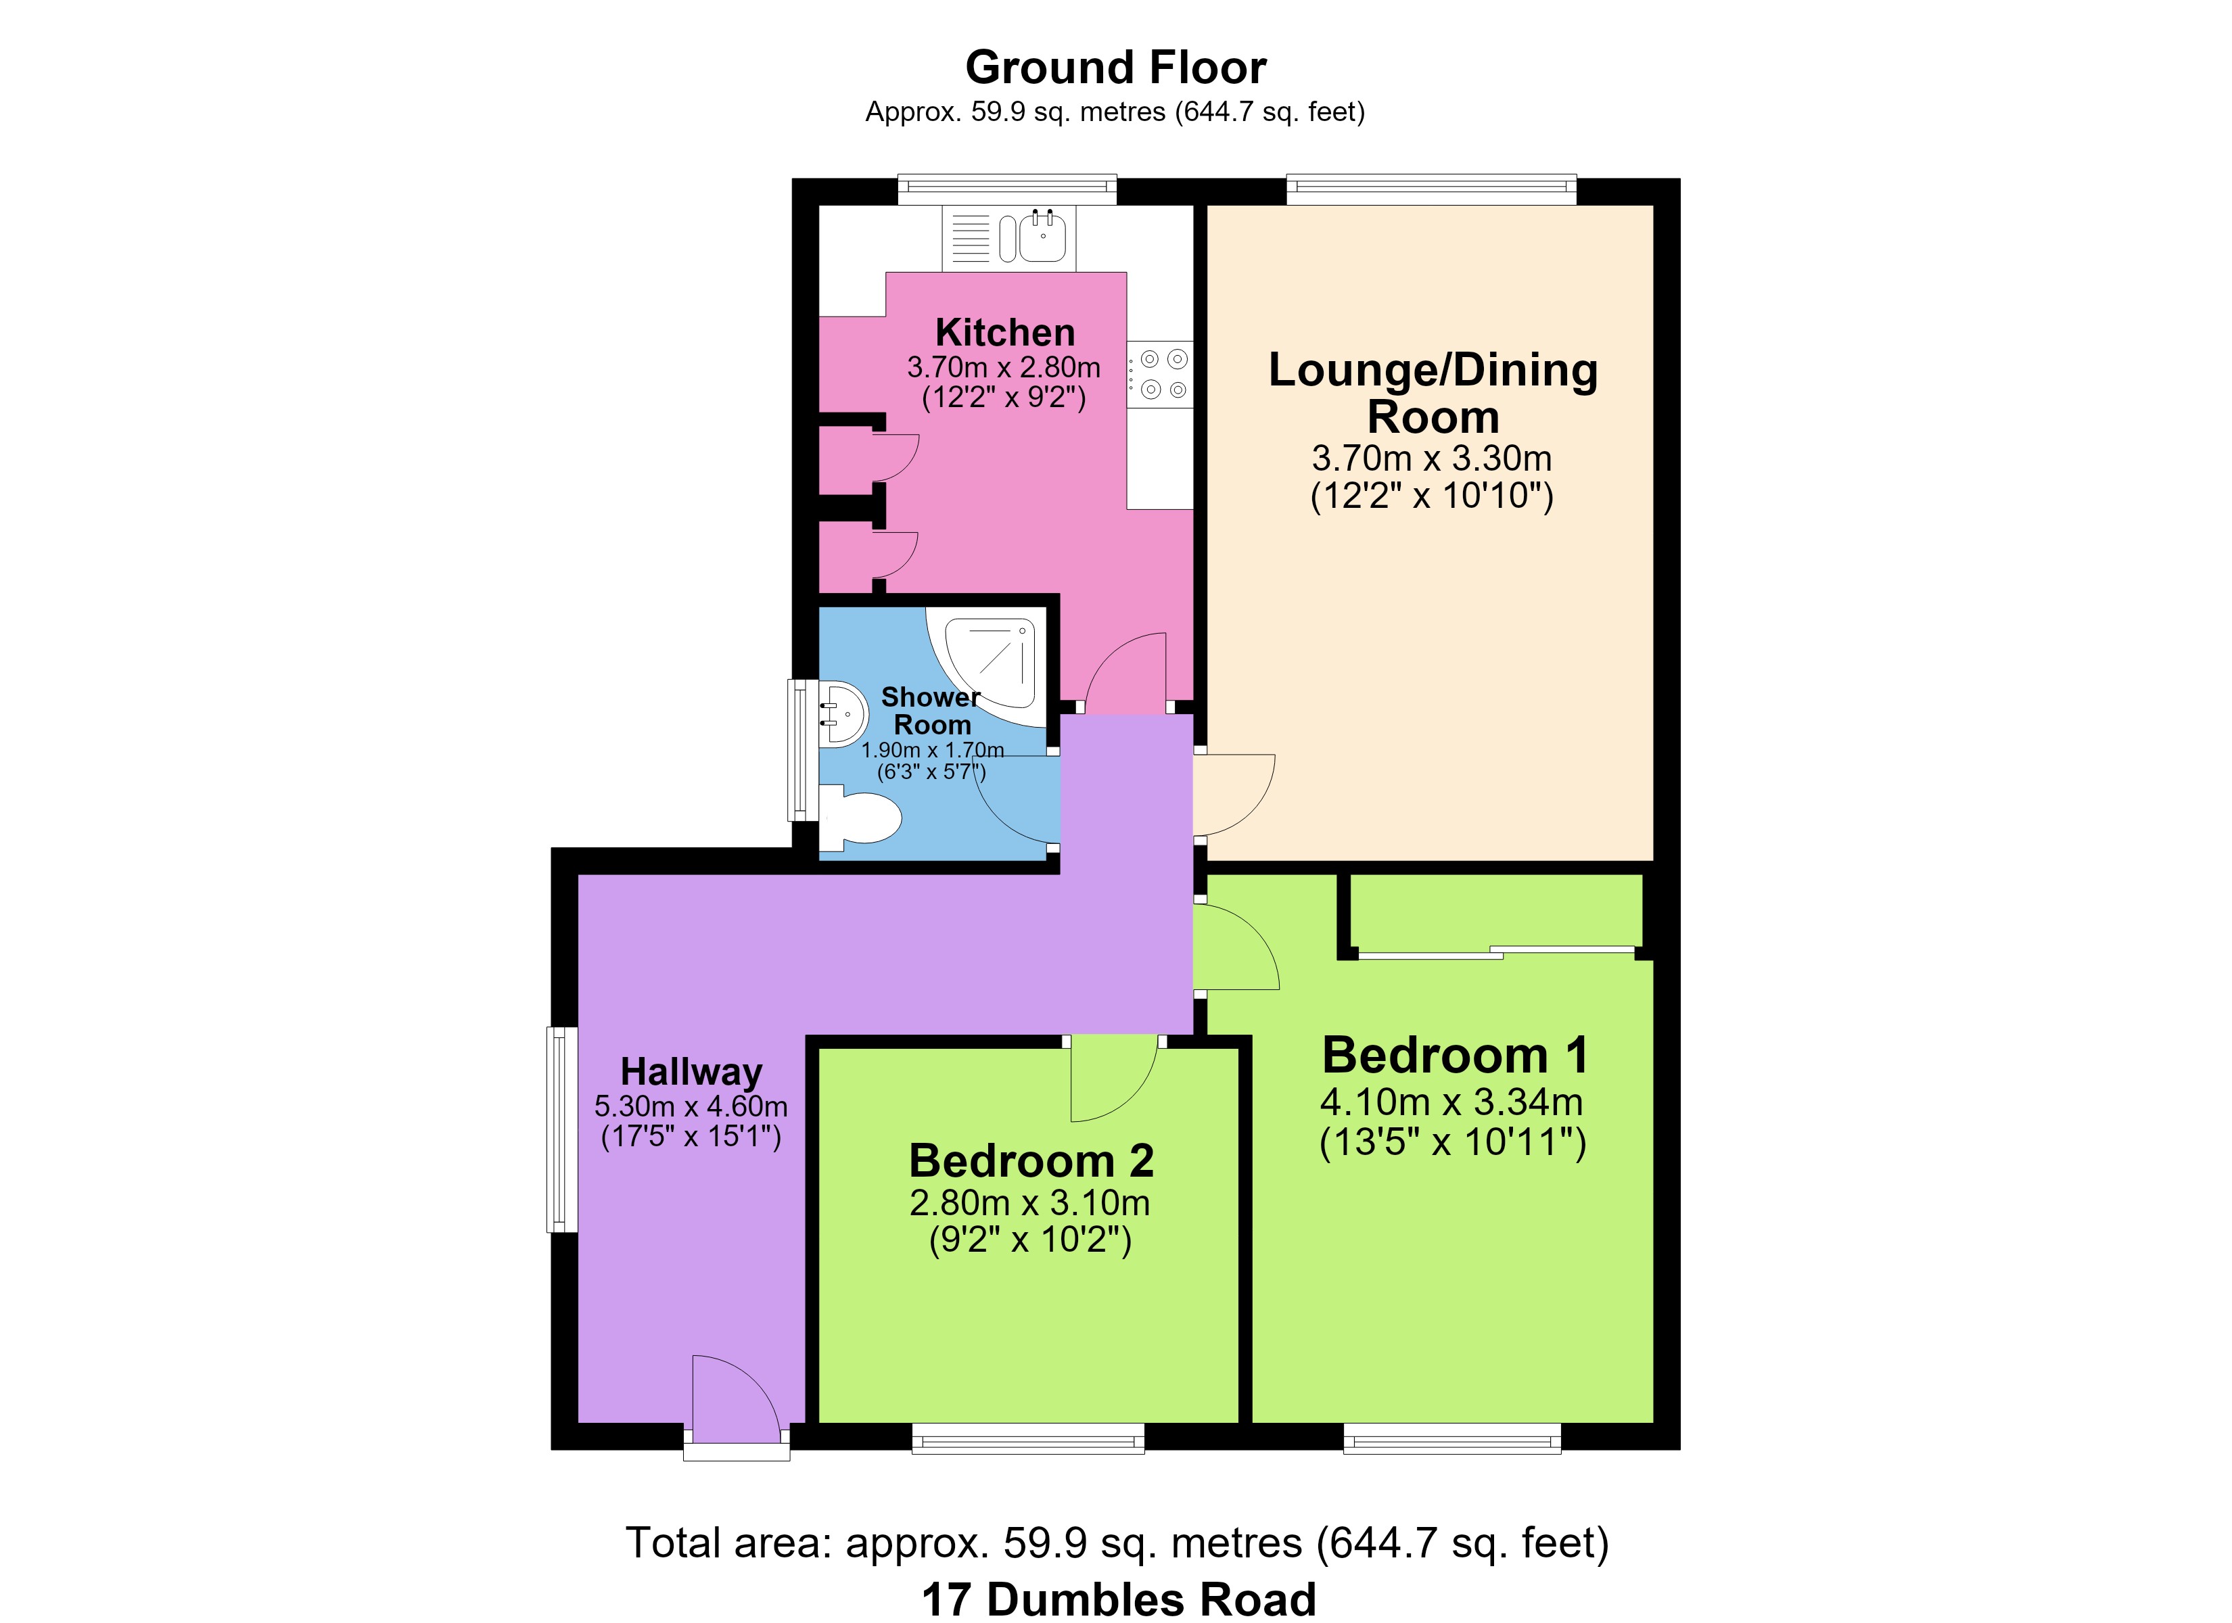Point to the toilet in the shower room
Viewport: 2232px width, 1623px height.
[x=860, y=818]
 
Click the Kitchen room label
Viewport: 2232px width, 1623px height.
[x=1005, y=333]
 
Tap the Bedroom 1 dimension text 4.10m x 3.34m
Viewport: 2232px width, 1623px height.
[x=1451, y=1102]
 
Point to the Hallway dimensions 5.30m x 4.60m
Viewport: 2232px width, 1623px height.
[x=691, y=1106]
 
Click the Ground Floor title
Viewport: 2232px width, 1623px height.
[x=1116, y=67]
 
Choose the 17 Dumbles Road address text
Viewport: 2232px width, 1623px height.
[x=1119, y=1599]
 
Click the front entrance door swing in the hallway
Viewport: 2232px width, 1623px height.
[x=736, y=1396]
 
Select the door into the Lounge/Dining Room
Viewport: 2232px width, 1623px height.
[x=1234, y=795]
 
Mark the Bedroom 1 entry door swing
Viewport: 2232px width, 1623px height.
[x=1236, y=947]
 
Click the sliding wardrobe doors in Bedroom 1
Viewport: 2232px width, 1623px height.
[x=1496, y=953]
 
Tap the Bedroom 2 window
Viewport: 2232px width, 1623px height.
[x=1029, y=1438]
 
